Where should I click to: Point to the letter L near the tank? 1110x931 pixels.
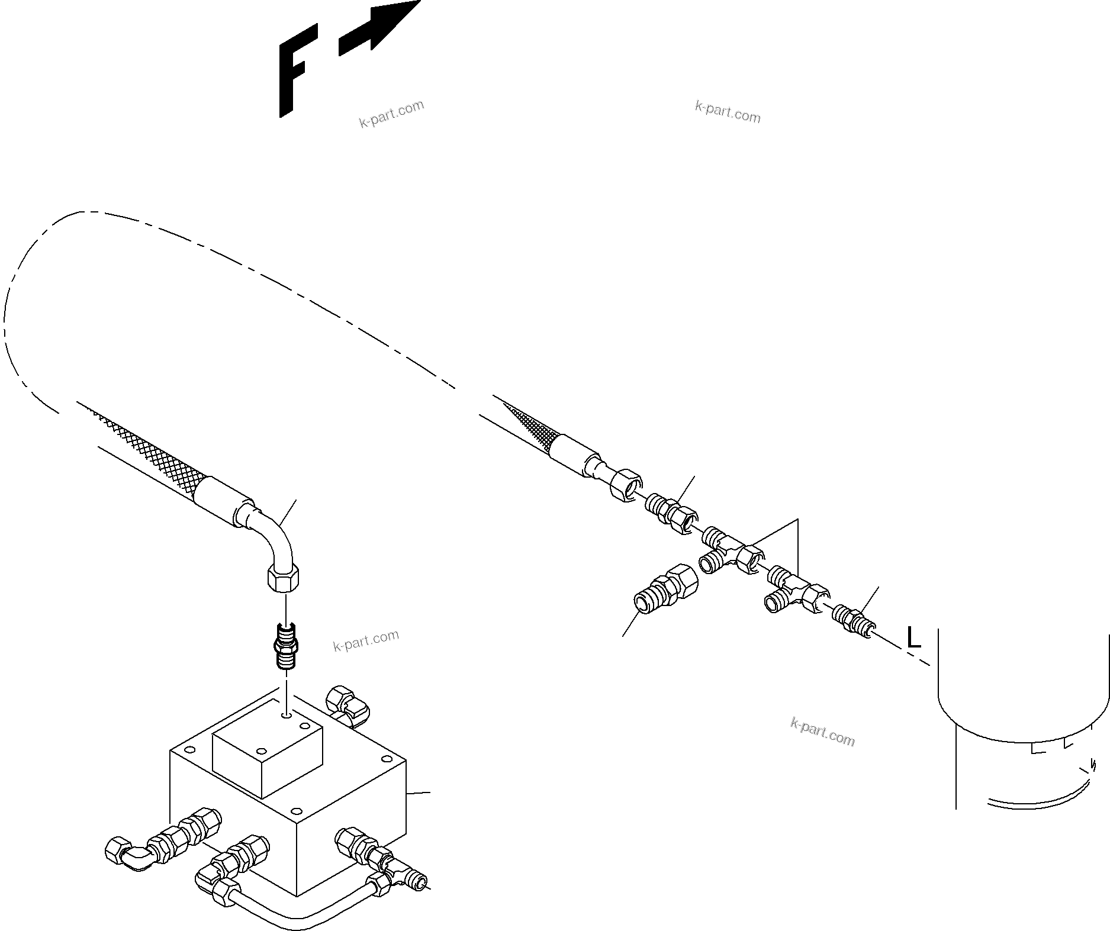[x=913, y=638]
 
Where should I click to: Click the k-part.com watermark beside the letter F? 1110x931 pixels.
[x=392, y=114]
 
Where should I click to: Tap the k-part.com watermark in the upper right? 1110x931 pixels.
[x=728, y=112]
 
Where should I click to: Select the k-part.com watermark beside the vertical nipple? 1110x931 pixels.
[x=366, y=640]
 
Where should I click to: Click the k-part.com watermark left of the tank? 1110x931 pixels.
[x=822, y=732]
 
